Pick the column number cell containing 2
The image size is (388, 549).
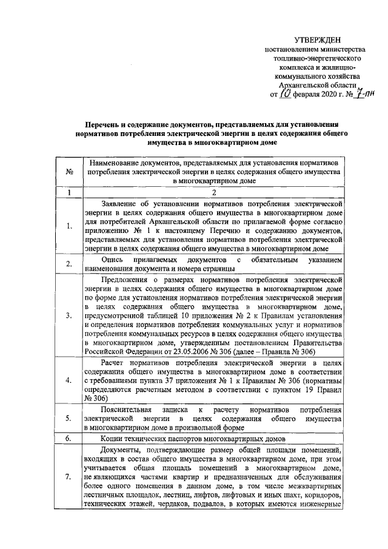pyautogui.click(x=214, y=193)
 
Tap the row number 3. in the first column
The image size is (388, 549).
pyautogui.click(x=70, y=315)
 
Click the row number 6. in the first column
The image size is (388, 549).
pyautogui.click(x=70, y=438)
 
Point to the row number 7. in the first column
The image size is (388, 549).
pyautogui.click(x=70, y=477)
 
